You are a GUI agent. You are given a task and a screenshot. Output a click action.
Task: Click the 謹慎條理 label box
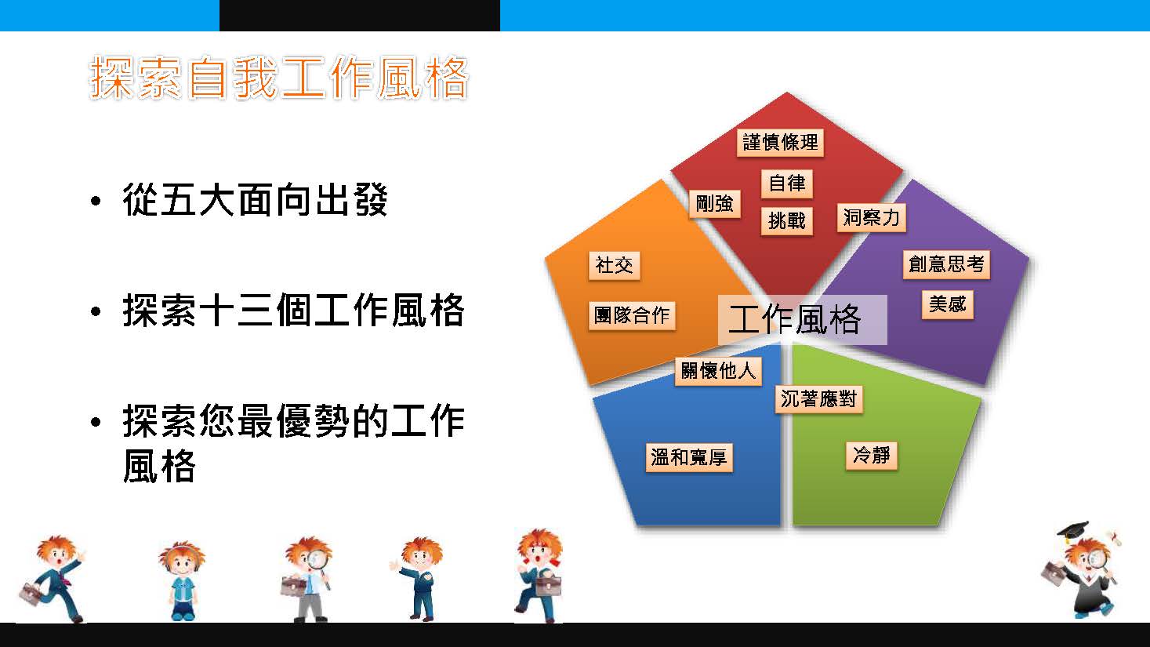click(780, 142)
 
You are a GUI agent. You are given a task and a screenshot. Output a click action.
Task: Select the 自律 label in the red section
click(786, 184)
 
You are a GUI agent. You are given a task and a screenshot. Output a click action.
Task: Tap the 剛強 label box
click(714, 204)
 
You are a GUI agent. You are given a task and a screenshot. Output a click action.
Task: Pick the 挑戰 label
click(786, 221)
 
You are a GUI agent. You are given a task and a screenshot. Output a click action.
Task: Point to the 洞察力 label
click(871, 218)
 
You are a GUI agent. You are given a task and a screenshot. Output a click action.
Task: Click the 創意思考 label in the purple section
click(946, 264)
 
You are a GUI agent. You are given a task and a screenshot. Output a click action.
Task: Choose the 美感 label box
click(947, 304)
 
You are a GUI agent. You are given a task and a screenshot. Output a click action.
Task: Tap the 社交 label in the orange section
click(614, 266)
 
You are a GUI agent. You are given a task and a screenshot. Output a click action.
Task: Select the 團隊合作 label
click(632, 316)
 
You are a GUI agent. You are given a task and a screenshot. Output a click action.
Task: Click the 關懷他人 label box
click(718, 371)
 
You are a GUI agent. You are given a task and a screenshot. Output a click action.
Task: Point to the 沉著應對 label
click(819, 399)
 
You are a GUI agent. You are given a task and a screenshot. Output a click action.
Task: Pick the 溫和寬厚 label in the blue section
click(689, 457)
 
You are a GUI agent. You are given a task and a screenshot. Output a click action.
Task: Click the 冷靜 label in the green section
click(871, 456)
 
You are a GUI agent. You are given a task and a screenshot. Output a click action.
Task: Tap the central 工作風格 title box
click(803, 319)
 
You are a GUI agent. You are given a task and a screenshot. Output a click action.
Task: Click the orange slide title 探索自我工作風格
click(278, 78)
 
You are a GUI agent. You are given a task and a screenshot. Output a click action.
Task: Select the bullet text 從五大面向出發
click(255, 199)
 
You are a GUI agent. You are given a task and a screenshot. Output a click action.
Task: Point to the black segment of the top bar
click(359, 16)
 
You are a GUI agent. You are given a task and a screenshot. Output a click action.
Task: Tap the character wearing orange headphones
click(182, 580)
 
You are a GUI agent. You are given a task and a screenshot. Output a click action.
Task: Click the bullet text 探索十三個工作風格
click(293, 311)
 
